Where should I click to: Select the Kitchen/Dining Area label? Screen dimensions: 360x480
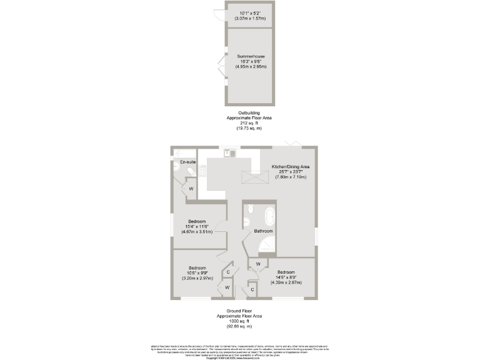[x=289, y=167]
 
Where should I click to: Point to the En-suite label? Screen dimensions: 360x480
[x=187, y=162]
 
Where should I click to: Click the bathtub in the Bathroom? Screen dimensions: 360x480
[x=270, y=217]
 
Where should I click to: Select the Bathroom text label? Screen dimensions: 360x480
[x=262, y=231]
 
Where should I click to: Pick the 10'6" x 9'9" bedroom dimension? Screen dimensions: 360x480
[x=197, y=273]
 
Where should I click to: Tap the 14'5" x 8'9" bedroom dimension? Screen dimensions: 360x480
[x=286, y=277]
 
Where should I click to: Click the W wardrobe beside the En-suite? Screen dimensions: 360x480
[x=191, y=188]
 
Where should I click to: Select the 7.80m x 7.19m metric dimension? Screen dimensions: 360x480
[x=289, y=177]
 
